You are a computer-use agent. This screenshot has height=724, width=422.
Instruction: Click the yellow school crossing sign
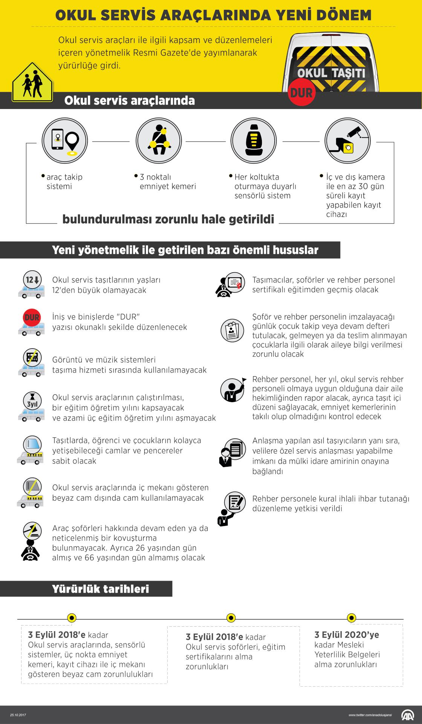pyautogui.click(x=32, y=83)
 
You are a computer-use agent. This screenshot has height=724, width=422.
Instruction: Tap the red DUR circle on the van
pyautogui.click(x=301, y=92)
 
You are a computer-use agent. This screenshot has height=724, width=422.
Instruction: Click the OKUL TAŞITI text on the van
pyautogui.click(x=331, y=72)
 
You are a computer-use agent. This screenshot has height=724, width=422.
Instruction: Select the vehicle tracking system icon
pyautogui.click(x=64, y=140)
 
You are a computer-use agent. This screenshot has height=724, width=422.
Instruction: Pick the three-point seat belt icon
pyautogui.click(x=159, y=140)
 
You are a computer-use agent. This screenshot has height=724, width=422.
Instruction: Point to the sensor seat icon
pyautogui.click(x=254, y=140)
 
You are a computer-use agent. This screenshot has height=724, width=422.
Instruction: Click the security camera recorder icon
pyautogui.click(x=347, y=140)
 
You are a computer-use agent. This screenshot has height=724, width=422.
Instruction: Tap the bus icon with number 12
pyautogui.click(x=31, y=284)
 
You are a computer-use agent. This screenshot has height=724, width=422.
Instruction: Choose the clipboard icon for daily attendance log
pyautogui.click(x=232, y=330)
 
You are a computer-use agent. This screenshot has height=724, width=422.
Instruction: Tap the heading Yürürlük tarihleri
pyautogui.click(x=101, y=589)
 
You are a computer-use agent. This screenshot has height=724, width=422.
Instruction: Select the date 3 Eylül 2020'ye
pyautogui.click(x=347, y=635)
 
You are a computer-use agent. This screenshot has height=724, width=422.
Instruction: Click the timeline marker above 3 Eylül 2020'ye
pyautogui.click(x=351, y=618)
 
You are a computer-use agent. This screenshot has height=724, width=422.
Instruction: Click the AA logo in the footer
pyautogui.click(x=407, y=715)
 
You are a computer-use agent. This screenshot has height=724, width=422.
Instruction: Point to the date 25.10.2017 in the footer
pyautogui.click(x=18, y=715)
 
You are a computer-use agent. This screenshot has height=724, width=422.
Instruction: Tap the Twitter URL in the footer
pyautogui.click(x=370, y=715)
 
